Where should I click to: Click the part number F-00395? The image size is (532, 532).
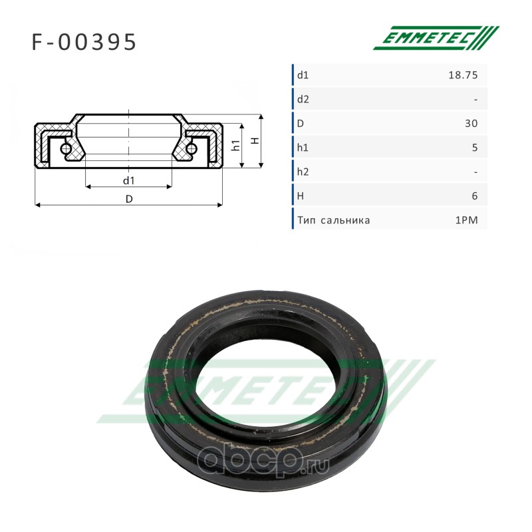pos(84,42)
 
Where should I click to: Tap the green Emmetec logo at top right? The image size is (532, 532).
pos(436,38)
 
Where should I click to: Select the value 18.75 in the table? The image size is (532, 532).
pos(463,75)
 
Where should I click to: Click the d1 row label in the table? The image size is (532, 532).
pos(303,75)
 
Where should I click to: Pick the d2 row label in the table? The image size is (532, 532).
pos(303,99)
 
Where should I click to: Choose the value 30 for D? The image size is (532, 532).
pos(471,124)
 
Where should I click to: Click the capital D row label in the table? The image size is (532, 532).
pos(301,124)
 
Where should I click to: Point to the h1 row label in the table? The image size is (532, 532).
pos(303,148)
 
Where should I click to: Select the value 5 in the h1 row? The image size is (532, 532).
pos(475,148)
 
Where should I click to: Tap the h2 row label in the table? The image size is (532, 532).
pos(303,172)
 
